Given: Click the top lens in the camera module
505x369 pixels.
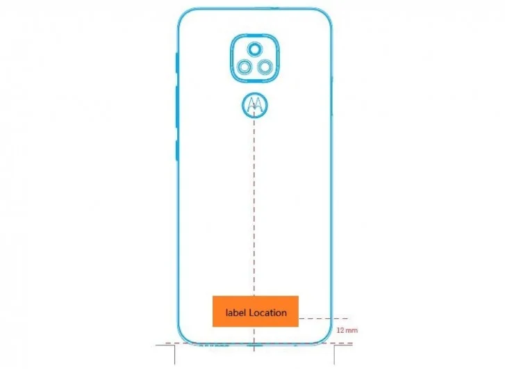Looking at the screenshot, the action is pyautogui.click(x=255, y=49).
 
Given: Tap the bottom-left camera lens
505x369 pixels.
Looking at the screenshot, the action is pyautogui.click(x=245, y=67).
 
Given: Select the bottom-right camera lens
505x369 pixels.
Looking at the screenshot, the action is pyautogui.click(x=265, y=67).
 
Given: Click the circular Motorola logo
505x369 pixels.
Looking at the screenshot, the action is pyautogui.click(x=255, y=105).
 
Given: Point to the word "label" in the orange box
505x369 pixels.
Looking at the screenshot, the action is pyautogui.click(x=235, y=313).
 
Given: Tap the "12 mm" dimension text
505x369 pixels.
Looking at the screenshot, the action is pyautogui.click(x=347, y=330).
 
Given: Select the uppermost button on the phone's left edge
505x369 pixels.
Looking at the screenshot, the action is pyautogui.click(x=177, y=63).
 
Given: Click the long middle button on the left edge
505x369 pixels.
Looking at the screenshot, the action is pyautogui.click(x=177, y=106).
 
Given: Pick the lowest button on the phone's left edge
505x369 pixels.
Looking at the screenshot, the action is pyautogui.click(x=177, y=150).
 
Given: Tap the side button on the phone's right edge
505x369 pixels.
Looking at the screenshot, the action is pyautogui.click(x=332, y=96).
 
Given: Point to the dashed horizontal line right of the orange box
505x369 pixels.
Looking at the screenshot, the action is pyautogui.click(x=324, y=318).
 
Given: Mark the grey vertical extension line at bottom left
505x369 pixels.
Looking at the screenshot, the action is pyautogui.click(x=175, y=355).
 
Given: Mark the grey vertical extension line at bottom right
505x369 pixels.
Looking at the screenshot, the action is pyautogui.click(x=334, y=355).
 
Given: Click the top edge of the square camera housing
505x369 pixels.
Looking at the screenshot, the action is pyautogui.click(x=255, y=34).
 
